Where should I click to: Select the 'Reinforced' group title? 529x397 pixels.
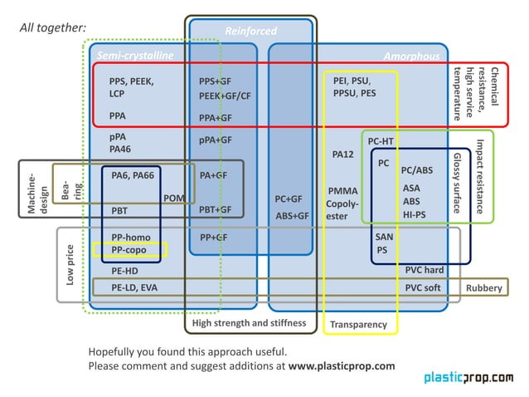250,32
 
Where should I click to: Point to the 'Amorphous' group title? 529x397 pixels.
411,56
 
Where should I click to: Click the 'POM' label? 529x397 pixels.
174,198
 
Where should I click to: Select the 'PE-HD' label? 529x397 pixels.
124,271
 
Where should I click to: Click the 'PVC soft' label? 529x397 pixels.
423,287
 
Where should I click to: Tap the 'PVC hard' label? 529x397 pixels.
425,270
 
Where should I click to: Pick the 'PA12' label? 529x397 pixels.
342,154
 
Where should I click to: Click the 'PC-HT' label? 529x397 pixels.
381,141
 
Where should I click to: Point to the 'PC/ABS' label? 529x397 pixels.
416,169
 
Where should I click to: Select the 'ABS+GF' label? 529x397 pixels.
291,216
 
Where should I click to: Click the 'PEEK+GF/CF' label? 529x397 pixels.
225,96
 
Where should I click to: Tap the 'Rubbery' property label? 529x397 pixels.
483,287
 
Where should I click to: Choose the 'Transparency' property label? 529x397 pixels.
358,324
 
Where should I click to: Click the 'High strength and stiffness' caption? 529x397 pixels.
249,322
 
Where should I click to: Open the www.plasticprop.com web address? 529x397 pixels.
342,365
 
